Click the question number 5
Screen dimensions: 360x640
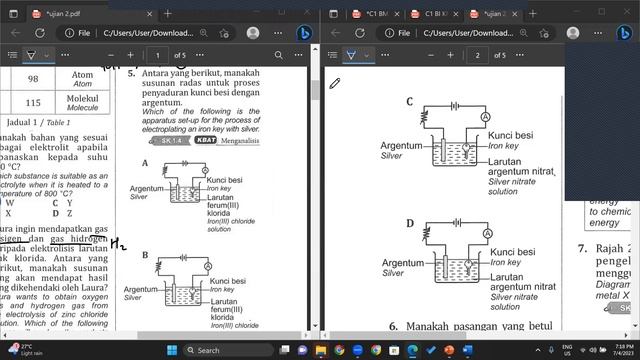pos(131,73)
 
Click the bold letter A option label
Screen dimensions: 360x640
pos(145,163)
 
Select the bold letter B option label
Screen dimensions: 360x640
pos(145,255)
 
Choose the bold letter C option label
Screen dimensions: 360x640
pos(410,102)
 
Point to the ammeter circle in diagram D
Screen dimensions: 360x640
pos(484,237)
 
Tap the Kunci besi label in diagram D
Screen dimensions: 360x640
pos(511,252)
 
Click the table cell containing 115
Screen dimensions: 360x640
pos(32,103)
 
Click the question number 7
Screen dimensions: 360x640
pos(581,248)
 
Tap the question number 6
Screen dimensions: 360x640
pos(393,326)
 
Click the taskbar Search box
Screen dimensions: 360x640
pos(230,350)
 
